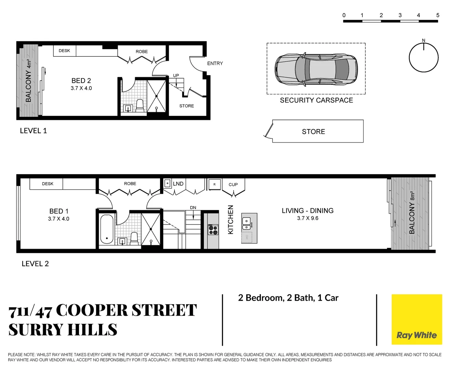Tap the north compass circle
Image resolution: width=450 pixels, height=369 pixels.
tap(424, 57)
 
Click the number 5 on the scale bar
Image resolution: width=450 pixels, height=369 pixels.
tap(438, 15)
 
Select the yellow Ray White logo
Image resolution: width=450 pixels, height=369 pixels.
tap(416, 319)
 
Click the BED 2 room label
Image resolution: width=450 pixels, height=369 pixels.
tap(81, 81)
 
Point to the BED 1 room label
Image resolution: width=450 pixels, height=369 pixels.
tap(59, 211)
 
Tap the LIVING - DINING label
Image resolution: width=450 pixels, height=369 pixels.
tap(307, 211)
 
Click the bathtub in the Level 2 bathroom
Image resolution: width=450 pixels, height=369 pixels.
tap(107, 229)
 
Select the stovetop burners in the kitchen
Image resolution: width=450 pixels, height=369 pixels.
tap(213, 230)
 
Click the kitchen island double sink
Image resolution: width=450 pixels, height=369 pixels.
tap(247, 224)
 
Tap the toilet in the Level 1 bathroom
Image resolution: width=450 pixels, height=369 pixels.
tap(140, 106)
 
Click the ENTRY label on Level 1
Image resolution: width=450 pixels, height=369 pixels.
tap(215, 64)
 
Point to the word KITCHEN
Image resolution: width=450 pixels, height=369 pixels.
tap(230, 219)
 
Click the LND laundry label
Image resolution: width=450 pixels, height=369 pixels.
tap(178, 184)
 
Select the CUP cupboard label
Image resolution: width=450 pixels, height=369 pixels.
tap(233, 184)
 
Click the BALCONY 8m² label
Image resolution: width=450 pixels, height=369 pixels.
tap(412, 213)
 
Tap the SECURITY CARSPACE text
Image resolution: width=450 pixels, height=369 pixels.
tap(316, 100)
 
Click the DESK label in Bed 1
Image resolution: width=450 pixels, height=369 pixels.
tap(48, 184)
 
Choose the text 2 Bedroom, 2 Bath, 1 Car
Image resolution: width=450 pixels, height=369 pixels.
tap(288, 298)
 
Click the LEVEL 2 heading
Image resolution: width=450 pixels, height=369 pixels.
tap(35, 264)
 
